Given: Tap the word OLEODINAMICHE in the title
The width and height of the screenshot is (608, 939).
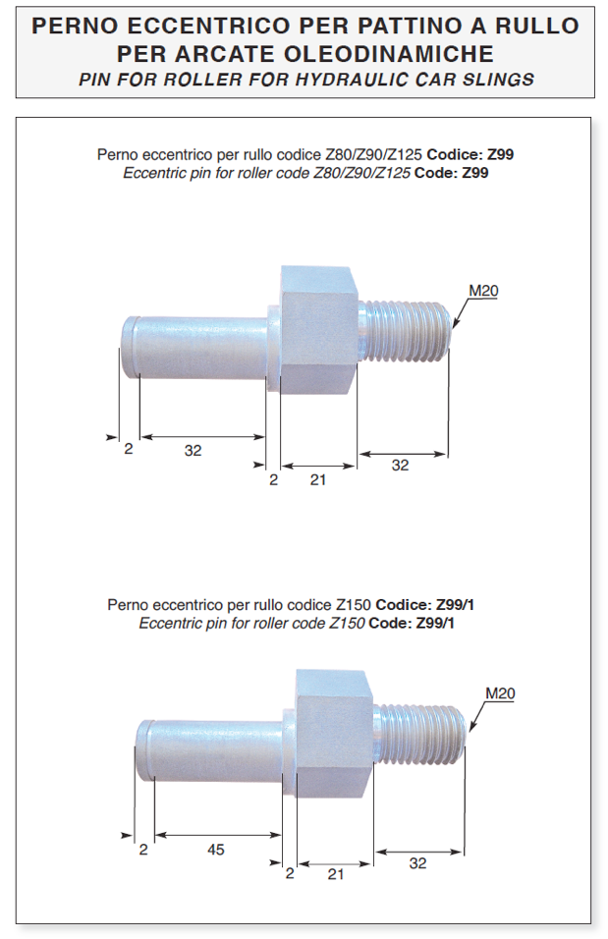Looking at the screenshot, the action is (389, 54).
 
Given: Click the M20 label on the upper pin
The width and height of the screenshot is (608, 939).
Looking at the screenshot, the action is (483, 291).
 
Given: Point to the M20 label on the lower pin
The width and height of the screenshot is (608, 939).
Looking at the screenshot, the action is (500, 693).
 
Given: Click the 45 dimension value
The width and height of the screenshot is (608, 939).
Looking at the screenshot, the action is (216, 850).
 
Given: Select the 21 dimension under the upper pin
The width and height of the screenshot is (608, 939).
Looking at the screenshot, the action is (318, 479).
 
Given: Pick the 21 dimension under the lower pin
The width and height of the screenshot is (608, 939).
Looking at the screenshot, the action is (336, 874).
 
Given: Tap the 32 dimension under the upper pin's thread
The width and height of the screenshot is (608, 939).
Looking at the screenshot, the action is (400, 466).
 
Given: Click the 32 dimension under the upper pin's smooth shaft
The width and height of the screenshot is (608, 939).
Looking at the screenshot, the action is (193, 450).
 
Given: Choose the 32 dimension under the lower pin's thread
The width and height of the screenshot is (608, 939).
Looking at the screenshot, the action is (418, 863).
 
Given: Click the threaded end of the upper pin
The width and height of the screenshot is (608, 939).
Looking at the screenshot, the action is (406, 332).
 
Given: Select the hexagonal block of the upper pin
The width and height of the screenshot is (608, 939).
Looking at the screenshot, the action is (318, 330).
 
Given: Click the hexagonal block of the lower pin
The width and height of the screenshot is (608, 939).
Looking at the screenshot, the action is (334, 734).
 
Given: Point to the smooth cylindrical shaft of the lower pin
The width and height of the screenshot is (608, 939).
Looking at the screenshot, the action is (208, 751).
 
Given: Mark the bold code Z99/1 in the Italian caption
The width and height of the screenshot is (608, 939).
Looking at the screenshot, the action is (455, 605).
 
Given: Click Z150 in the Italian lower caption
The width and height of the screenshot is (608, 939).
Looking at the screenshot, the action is (354, 605).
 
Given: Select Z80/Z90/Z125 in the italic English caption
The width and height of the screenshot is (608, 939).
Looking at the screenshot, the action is (362, 173).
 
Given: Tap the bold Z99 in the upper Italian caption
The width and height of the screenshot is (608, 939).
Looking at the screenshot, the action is (500, 154).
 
